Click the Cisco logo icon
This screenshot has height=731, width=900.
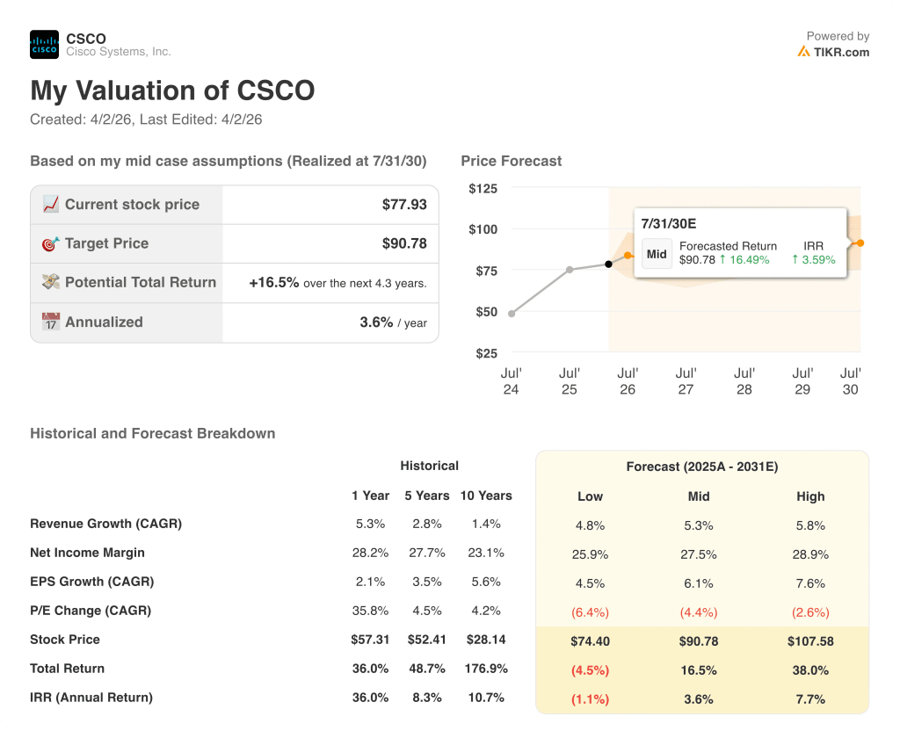[x=44, y=45]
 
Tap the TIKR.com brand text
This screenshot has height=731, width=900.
[x=840, y=52]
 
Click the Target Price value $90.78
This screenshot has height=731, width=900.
[x=404, y=243]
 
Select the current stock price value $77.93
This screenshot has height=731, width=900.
[x=404, y=205]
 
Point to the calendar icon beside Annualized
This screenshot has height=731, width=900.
[x=51, y=322]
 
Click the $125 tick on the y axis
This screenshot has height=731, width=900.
[x=483, y=189]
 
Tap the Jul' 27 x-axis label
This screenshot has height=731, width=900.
[x=686, y=381]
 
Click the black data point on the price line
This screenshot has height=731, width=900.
[x=608, y=264]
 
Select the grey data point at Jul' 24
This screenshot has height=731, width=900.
[x=512, y=313]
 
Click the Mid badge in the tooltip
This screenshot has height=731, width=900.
[x=657, y=253]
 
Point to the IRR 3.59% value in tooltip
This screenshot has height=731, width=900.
[x=813, y=260]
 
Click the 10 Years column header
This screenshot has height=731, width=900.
[x=486, y=496]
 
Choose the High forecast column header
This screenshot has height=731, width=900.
[x=810, y=496]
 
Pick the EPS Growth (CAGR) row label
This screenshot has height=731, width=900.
[x=92, y=582]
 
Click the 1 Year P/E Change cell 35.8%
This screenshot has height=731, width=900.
[x=370, y=611]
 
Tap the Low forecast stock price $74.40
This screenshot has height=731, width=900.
[x=590, y=641]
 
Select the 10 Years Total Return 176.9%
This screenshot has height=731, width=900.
[x=486, y=669]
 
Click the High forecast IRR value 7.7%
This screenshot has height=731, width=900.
[x=810, y=699]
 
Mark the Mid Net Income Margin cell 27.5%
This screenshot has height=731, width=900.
[x=699, y=554]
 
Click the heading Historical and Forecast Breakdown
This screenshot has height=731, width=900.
[x=153, y=433]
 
